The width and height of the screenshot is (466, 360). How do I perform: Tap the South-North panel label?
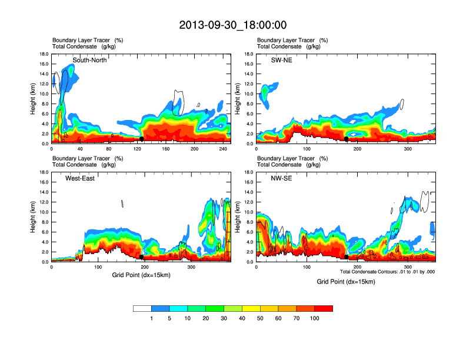coord(89,60)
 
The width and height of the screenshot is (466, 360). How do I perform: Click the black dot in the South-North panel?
coord(142,139)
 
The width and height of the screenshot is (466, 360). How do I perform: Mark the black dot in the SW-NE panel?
coord(347,139)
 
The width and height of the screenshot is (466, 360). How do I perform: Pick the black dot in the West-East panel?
coord(142,257)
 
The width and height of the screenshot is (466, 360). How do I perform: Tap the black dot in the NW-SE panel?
coord(347,257)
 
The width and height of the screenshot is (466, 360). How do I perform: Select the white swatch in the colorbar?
coord(142,308)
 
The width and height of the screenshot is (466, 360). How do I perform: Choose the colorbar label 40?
coord(242,318)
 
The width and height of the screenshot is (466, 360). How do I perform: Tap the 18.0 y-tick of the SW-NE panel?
coord(248,54)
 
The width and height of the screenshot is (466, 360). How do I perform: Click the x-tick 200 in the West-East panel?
coord(144,267)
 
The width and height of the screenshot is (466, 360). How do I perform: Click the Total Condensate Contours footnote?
coord(387,272)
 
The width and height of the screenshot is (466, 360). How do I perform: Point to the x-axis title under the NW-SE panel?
coord(345,281)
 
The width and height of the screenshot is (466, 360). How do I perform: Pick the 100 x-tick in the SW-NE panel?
coord(307,149)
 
